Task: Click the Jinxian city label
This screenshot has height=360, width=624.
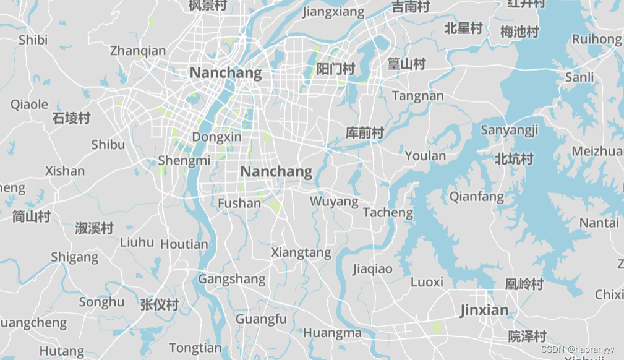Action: (x=484, y=310)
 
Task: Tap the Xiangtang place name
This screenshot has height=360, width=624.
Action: (x=301, y=252)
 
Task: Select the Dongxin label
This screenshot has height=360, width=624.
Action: (x=216, y=137)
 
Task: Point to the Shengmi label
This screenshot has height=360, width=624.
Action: (x=184, y=160)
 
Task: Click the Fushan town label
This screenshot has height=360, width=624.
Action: (x=239, y=203)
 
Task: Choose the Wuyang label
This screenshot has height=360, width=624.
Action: (x=334, y=201)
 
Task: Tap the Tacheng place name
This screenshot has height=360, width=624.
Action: (x=388, y=212)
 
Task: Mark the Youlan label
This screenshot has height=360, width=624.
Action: (x=425, y=155)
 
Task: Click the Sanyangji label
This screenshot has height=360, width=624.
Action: (x=510, y=130)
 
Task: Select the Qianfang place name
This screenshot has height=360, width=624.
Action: (x=477, y=197)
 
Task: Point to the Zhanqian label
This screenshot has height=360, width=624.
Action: (x=138, y=51)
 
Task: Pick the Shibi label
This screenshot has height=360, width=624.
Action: (x=33, y=40)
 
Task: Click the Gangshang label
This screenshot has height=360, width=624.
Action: (x=232, y=279)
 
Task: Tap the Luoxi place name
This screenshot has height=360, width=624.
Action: (x=427, y=282)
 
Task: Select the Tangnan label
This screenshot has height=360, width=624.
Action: (x=418, y=95)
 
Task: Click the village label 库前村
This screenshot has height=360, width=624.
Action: (x=365, y=132)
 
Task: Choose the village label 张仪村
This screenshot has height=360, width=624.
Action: (x=160, y=304)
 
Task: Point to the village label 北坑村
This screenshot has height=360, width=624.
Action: (x=514, y=159)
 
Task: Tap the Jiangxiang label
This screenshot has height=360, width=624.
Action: (x=334, y=11)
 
